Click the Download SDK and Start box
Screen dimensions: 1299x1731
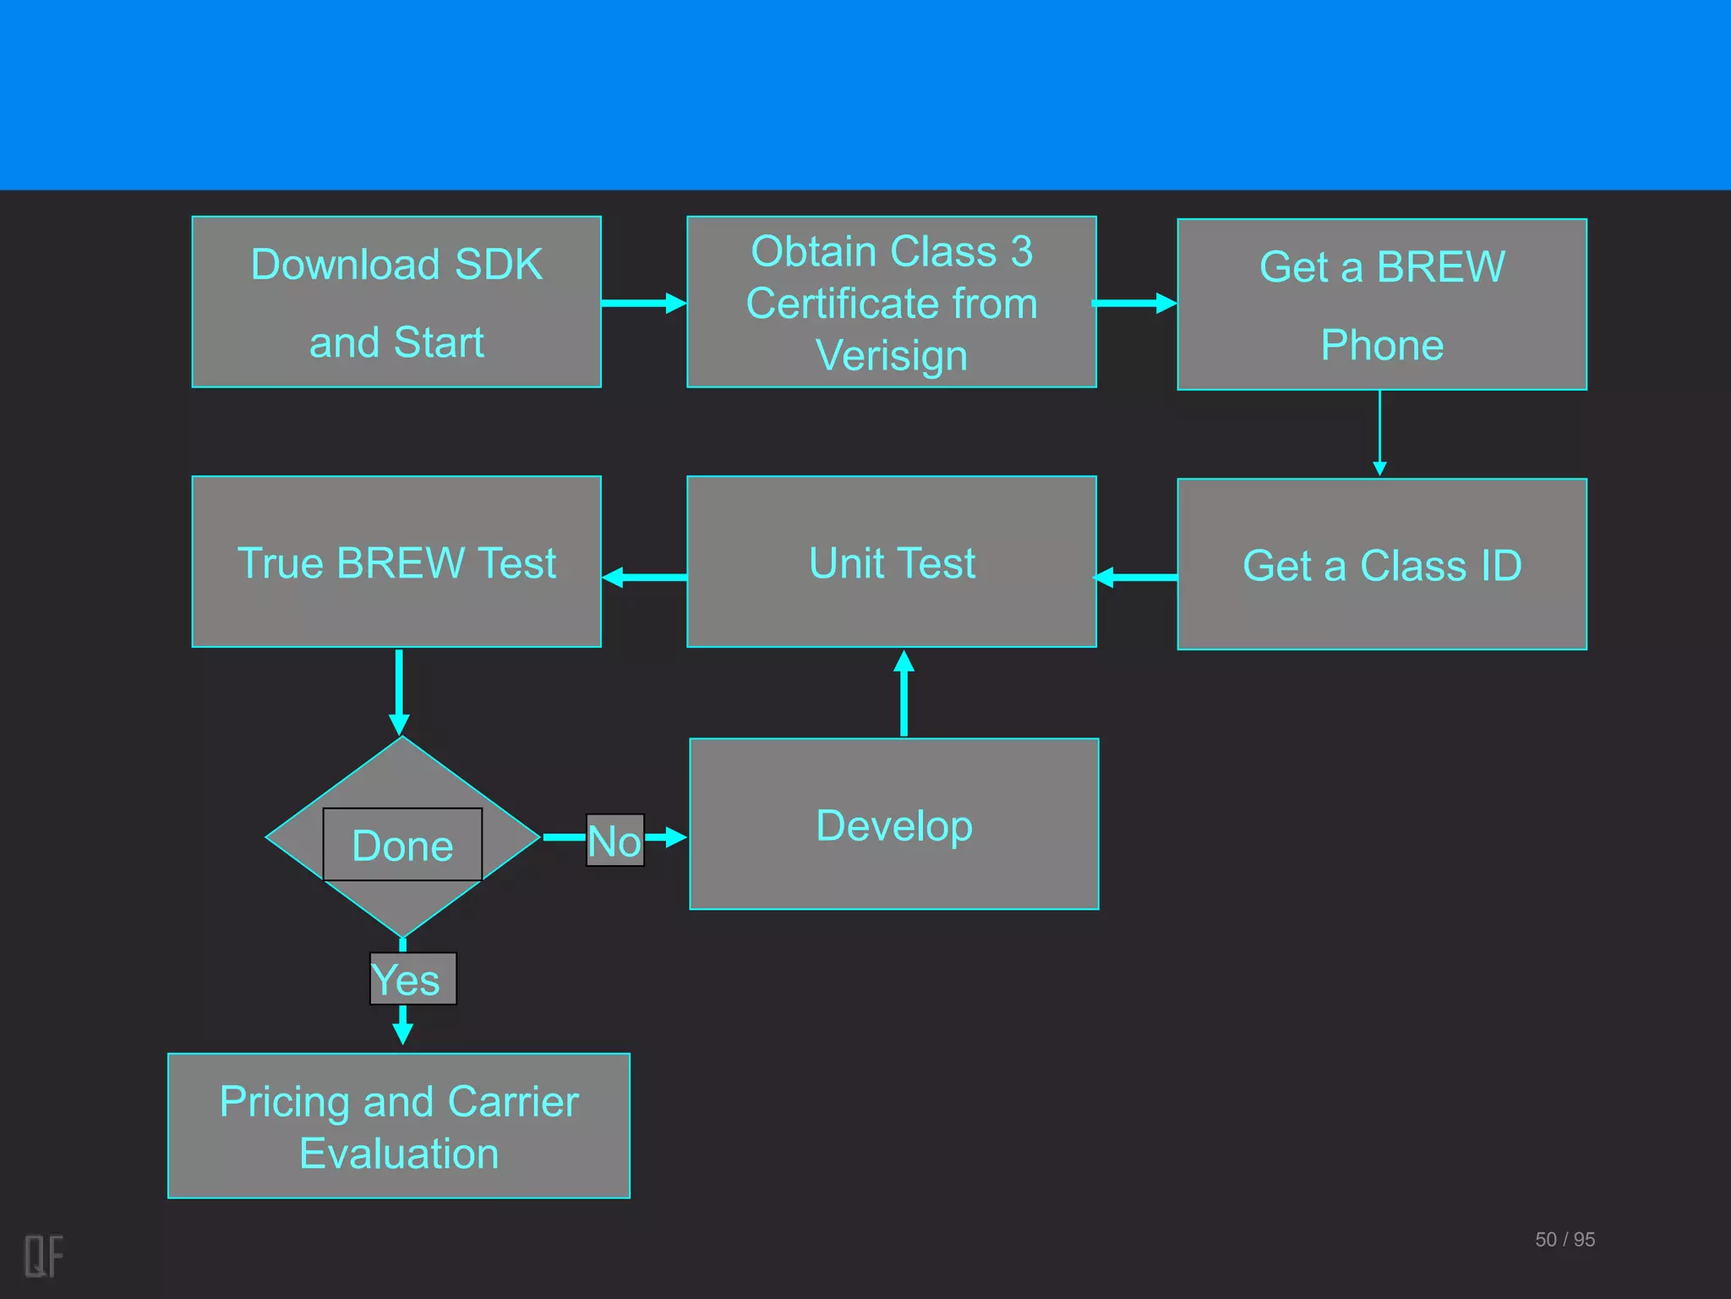click(396, 302)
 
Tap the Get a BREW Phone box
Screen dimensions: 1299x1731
click(1381, 304)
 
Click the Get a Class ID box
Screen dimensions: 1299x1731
click(1381, 564)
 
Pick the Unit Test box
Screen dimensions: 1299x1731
click(891, 562)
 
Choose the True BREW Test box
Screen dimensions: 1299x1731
click(396, 562)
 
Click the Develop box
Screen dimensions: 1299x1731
click(893, 824)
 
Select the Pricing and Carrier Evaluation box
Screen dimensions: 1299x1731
click(398, 1126)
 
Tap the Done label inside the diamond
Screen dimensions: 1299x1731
click(402, 845)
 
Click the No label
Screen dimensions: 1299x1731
click(614, 840)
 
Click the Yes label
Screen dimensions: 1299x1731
click(412, 979)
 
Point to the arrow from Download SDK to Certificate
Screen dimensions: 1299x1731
click(643, 303)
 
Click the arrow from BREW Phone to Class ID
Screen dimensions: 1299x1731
click(1379, 432)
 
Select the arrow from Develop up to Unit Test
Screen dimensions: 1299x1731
click(904, 693)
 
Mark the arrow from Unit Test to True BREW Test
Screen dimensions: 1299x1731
click(644, 578)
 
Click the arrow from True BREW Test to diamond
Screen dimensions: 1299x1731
click(399, 692)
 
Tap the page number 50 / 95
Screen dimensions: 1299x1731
click(1564, 1239)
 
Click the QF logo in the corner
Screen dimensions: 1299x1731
click(43, 1255)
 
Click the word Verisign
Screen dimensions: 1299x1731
click(891, 355)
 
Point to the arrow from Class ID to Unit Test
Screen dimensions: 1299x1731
click(1136, 578)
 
